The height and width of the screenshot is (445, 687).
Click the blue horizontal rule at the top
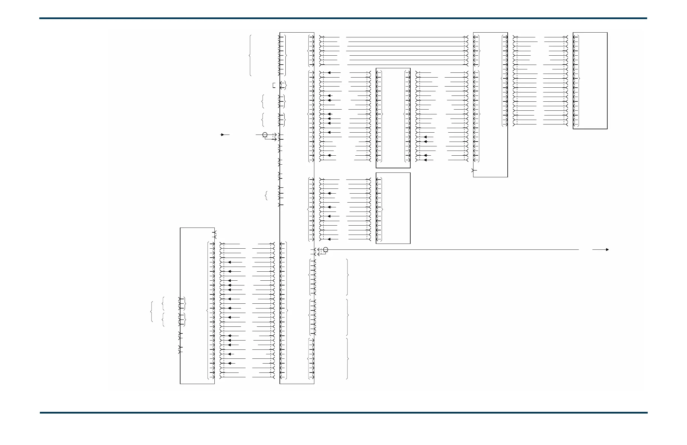(x=343, y=18)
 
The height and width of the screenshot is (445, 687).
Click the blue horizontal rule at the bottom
(x=343, y=413)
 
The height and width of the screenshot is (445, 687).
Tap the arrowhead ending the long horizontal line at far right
(x=607, y=250)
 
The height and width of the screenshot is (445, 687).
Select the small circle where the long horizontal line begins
(x=326, y=249)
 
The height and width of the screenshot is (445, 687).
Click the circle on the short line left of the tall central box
(x=265, y=135)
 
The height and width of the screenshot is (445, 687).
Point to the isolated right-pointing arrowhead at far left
(x=222, y=135)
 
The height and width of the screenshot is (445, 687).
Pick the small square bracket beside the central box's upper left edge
(x=274, y=85)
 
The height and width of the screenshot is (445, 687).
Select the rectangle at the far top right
(x=590, y=81)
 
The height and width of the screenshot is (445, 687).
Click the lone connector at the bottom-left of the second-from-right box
(x=473, y=171)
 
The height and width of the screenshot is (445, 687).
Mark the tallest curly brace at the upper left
(x=250, y=55)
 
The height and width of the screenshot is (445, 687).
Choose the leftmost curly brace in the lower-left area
(x=152, y=312)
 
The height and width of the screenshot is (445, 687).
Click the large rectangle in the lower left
(x=197, y=306)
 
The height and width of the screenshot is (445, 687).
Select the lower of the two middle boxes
(x=393, y=208)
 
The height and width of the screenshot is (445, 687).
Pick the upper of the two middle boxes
(x=393, y=118)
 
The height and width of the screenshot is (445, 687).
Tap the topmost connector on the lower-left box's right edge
(x=214, y=232)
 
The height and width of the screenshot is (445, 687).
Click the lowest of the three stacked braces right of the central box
(x=347, y=358)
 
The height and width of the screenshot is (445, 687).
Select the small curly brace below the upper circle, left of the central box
(x=266, y=196)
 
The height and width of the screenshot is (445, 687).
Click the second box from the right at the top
(x=490, y=105)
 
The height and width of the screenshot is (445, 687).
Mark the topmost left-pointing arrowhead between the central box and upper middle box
(x=329, y=73)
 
